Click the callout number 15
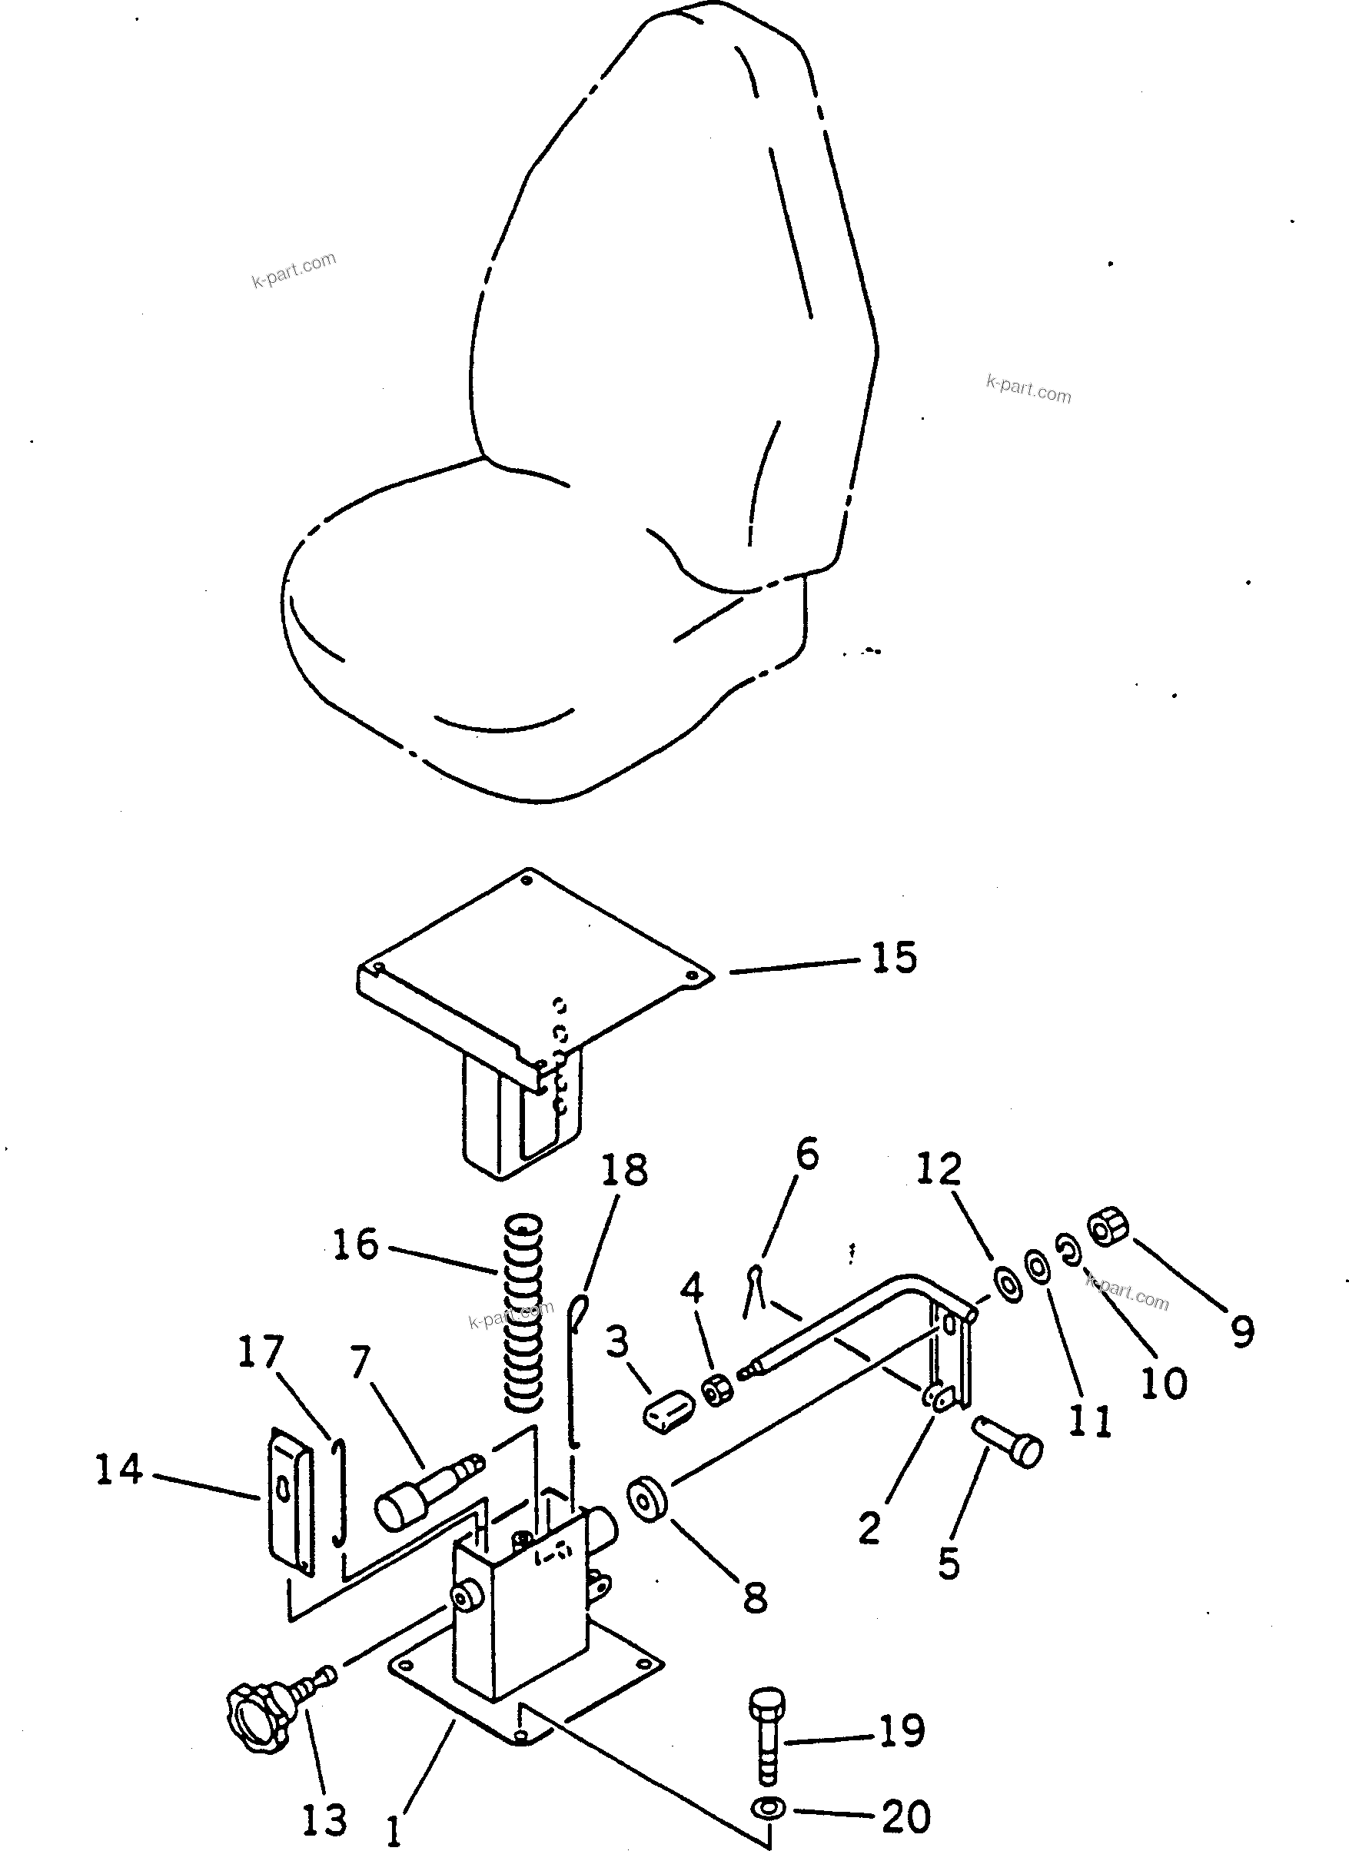pyautogui.click(x=894, y=957)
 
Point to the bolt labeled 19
pyautogui.click(x=765, y=1735)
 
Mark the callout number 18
pyautogui.click(x=625, y=1170)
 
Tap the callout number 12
pyautogui.click(x=940, y=1169)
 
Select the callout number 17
pyautogui.click(x=261, y=1352)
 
